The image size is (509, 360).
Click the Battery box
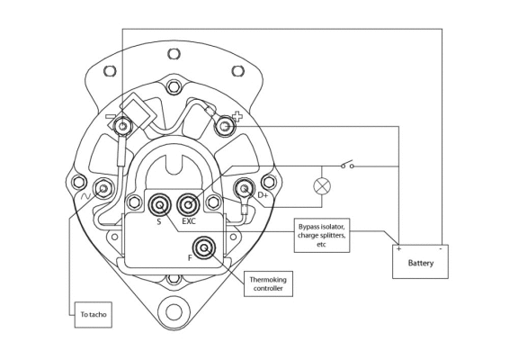(x=419, y=261)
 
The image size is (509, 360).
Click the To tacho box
(x=91, y=315)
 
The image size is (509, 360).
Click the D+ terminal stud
(x=244, y=189)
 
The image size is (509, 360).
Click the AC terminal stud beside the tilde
(x=105, y=188)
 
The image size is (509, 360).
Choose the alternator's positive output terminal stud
(x=226, y=127)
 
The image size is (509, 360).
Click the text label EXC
(x=189, y=220)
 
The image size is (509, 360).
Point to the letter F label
(x=189, y=257)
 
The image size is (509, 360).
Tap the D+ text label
(x=263, y=193)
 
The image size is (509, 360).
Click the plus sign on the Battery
(x=398, y=247)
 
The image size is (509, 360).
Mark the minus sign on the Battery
(x=440, y=247)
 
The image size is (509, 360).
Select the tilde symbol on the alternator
(x=87, y=192)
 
